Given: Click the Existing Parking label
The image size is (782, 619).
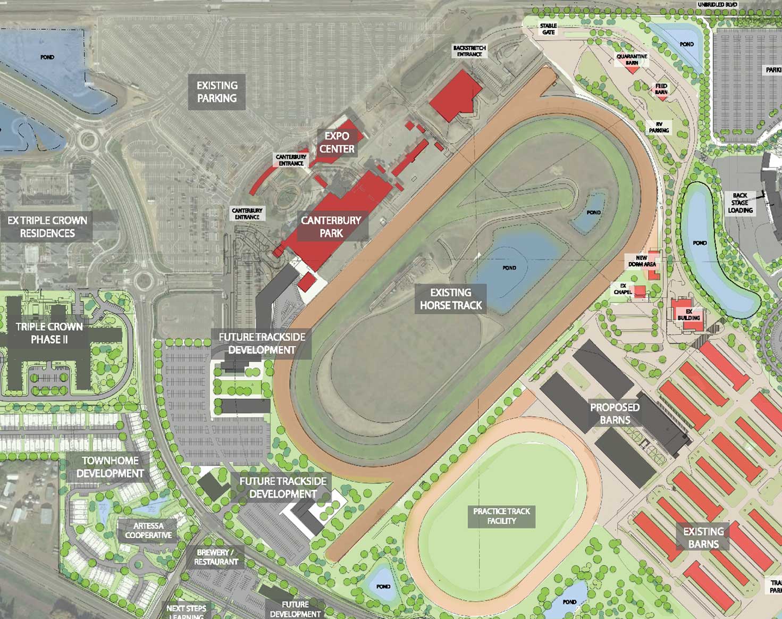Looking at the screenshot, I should (217, 92).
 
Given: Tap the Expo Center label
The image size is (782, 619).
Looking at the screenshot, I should (337, 143).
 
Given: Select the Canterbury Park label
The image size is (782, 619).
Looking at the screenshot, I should (331, 227).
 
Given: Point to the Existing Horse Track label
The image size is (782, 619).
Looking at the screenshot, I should (451, 299).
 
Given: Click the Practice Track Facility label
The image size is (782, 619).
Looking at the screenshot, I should (501, 516).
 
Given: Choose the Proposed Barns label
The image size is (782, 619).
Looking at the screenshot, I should (615, 414).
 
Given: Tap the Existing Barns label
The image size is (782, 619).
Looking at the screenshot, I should (703, 538).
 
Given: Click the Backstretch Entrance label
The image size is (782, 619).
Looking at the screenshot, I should (469, 51).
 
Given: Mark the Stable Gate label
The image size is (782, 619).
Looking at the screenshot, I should (548, 29).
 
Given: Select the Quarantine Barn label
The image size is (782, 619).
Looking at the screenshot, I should (632, 60).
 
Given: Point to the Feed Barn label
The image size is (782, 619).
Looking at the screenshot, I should (661, 89).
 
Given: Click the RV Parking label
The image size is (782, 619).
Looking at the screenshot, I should (659, 127).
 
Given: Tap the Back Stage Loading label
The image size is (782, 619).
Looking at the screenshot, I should (740, 203).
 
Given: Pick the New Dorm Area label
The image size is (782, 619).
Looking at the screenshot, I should (642, 261).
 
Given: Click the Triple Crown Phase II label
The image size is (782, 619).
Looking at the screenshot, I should (49, 333).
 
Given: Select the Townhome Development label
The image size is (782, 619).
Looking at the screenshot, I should (110, 467).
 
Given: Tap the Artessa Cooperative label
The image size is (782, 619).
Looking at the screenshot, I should (148, 531).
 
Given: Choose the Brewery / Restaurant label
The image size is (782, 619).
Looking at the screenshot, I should (216, 557).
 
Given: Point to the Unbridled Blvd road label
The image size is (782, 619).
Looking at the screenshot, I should (717, 5).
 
